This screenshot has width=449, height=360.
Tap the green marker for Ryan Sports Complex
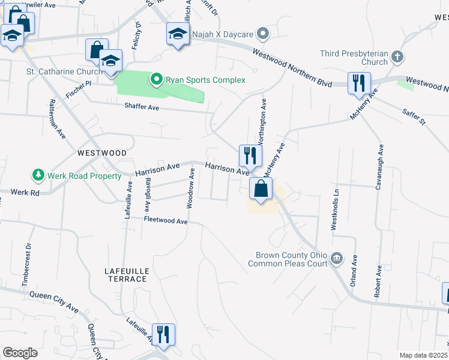[x=156, y=79]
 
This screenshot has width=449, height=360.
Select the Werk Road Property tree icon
[x=38, y=175]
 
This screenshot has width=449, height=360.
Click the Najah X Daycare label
[x=223, y=34]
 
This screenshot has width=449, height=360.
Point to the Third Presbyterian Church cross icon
[x=396, y=58]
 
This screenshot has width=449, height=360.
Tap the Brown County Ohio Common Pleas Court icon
[x=337, y=259]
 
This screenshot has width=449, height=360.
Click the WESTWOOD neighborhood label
[x=102, y=153]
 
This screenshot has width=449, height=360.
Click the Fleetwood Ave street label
[x=166, y=221]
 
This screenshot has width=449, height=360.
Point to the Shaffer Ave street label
[x=142, y=107]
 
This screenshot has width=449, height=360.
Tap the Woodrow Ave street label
[x=190, y=188]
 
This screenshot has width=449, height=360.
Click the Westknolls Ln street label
[x=336, y=209]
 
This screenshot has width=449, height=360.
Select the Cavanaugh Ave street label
[x=379, y=167]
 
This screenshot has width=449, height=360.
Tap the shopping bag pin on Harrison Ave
[x=261, y=190]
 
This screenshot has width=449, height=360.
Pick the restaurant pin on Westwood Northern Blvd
[x=360, y=84]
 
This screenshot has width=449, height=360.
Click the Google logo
[x=20, y=353]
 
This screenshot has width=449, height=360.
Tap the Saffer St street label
[x=414, y=117]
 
